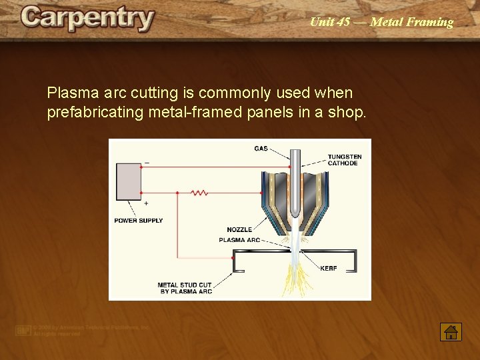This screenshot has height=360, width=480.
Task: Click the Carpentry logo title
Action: point(87,19)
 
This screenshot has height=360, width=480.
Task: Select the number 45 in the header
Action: point(343,22)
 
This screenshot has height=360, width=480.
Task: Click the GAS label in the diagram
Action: point(261,148)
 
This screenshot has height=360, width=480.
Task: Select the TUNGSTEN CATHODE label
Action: point(344,160)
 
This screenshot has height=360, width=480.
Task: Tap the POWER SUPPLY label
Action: point(138,221)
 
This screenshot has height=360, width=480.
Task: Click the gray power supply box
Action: point(128,181)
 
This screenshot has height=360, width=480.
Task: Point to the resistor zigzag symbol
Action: point(199,193)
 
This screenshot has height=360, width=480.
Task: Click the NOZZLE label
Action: point(239,229)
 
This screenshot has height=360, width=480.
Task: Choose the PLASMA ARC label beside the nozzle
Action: point(239,240)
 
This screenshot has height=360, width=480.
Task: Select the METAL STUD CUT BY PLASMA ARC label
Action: point(185,288)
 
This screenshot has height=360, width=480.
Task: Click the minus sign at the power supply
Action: point(147,162)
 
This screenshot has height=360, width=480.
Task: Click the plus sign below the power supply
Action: point(146,203)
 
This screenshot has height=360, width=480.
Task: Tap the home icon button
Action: point(451,331)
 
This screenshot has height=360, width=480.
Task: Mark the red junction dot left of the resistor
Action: point(177,193)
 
